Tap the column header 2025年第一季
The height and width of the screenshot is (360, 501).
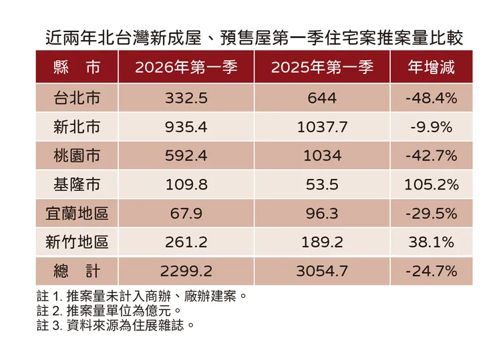[322, 67]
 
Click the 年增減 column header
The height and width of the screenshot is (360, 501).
[431, 67]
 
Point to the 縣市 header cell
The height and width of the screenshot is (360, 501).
[77, 67]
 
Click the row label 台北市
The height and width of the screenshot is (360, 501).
[77, 98]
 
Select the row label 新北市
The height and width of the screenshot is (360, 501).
[77, 127]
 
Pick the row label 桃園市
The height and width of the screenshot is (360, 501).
[77, 156]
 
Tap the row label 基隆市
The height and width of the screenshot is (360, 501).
[77, 184]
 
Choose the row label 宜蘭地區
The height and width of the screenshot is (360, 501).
[77, 213]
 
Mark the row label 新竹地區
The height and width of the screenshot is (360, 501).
[77, 242]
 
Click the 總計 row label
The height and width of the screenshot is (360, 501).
[77, 271]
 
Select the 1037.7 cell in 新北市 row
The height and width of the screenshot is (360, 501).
[322, 127]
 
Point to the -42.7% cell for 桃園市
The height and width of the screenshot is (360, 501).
[431, 156]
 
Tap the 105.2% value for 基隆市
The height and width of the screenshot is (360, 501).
[431, 184]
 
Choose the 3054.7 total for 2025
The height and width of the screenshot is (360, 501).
[322, 271]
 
